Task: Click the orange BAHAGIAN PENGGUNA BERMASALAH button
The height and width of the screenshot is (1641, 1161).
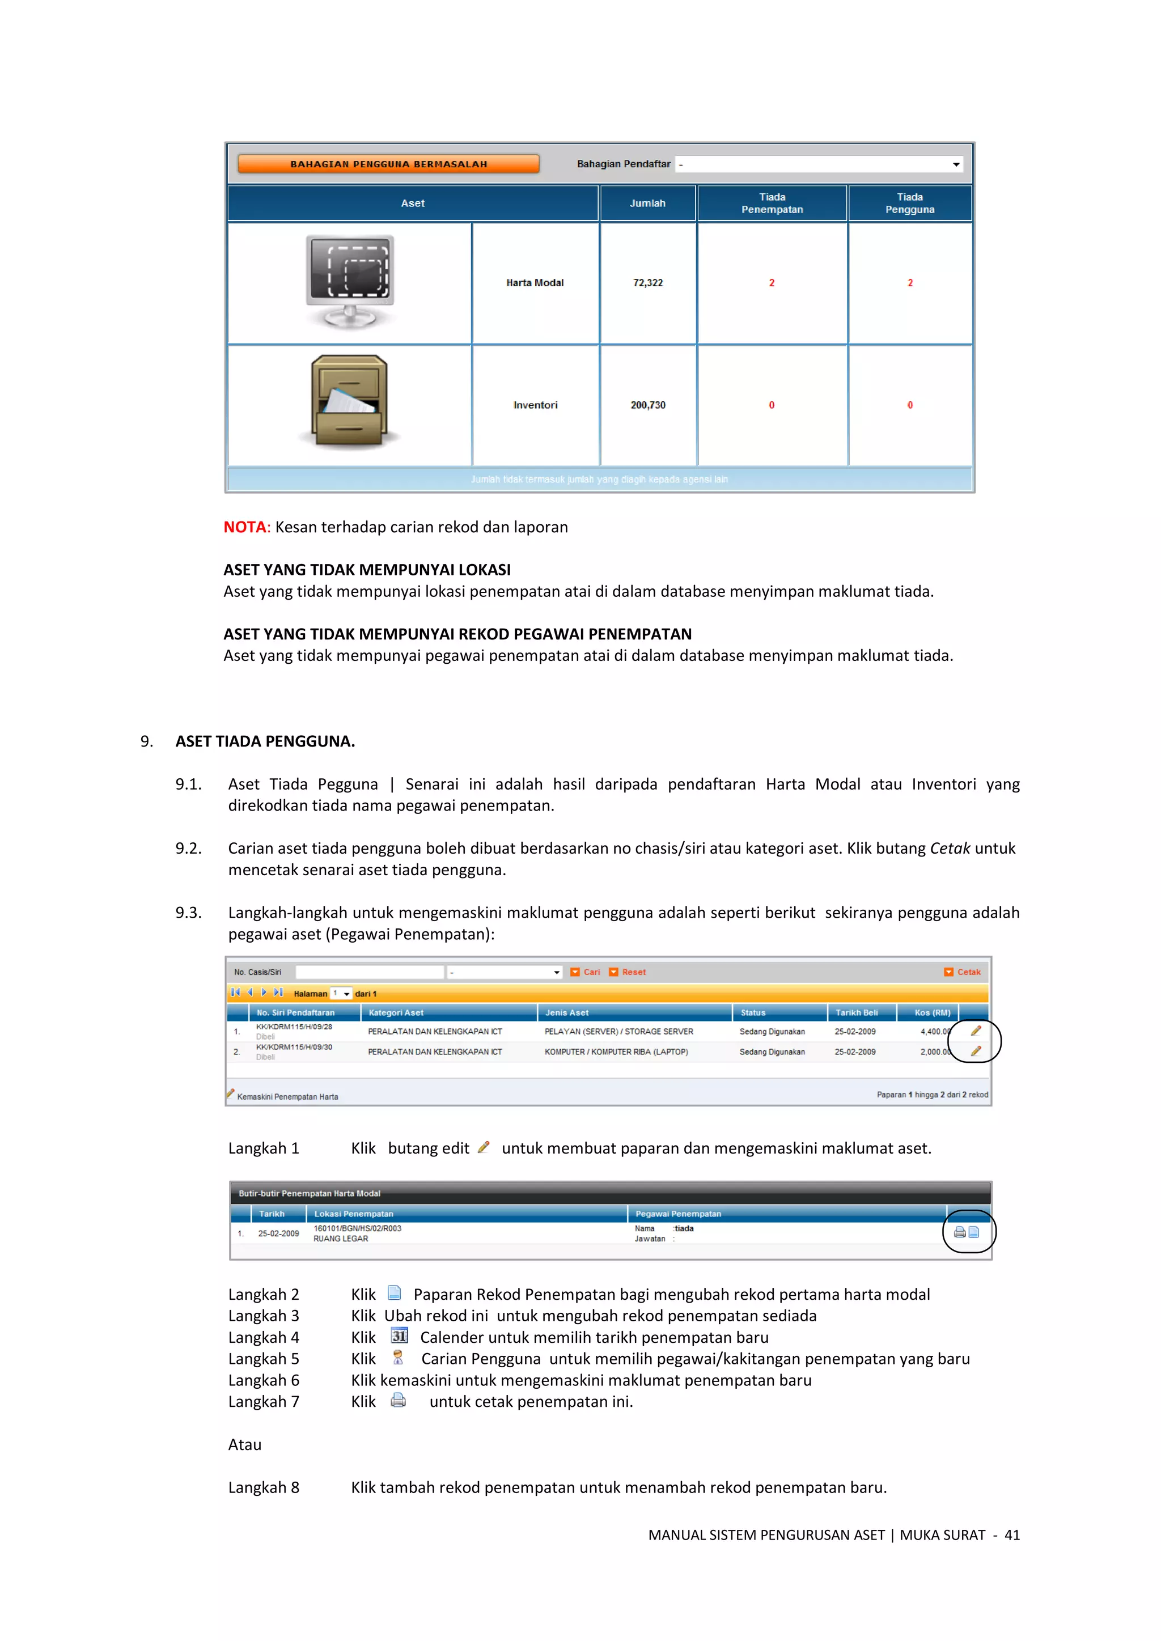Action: (x=388, y=164)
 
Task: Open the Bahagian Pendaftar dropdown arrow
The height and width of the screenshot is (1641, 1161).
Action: (x=956, y=164)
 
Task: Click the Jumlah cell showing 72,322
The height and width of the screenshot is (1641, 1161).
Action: (x=648, y=283)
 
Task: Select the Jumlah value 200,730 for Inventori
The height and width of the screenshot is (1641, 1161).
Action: (x=648, y=405)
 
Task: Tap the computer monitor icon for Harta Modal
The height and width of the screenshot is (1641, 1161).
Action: (x=350, y=281)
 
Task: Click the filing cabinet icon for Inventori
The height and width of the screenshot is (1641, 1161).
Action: (x=350, y=402)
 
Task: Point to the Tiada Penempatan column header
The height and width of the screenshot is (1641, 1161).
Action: (x=772, y=203)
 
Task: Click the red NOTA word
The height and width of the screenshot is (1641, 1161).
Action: (x=244, y=528)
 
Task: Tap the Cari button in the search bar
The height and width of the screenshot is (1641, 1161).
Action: (x=586, y=972)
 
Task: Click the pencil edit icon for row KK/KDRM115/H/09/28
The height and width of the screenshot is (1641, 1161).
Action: (x=976, y=1031)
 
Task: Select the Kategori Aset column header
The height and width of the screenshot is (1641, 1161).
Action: (x=396, y=1013)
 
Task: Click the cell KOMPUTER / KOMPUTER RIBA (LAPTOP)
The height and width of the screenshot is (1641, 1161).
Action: (x=616, y=1052)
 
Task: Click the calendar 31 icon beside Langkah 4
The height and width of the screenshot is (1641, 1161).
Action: (x=399, y=1336)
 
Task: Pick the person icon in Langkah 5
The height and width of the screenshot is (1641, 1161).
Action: (x=398, y=1357)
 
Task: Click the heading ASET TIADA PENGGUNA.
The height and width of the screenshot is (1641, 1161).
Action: (x=265, y=741)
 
